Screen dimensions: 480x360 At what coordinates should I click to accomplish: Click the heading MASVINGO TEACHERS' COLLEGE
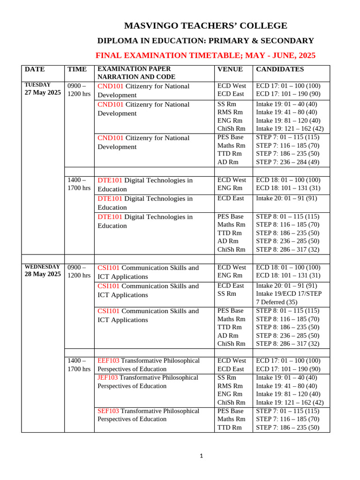pos(205,26)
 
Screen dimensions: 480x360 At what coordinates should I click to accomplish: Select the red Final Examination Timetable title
pos(205,55)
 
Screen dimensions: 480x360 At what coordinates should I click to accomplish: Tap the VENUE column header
pos(230,69)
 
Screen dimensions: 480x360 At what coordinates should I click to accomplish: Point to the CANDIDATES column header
pos(279,69)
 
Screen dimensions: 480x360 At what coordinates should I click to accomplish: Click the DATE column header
pos(35,69)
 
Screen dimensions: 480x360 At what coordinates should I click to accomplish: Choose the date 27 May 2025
pos(42,93)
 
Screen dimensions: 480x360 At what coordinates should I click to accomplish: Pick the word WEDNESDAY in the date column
pos(42,267)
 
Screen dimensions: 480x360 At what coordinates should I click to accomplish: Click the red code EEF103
pos(108,360)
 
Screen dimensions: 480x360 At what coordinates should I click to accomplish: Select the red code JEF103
pos(108,377)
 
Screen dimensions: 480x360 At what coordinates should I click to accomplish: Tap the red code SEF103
pos(108,411)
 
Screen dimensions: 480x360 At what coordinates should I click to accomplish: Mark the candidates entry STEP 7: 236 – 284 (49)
pos(287,162)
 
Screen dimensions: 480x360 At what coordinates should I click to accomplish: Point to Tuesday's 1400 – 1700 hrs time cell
pos(79,184)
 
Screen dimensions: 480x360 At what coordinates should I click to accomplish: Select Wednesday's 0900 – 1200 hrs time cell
pos(79,271)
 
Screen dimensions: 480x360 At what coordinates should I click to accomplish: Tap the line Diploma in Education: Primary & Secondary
pos(205,41)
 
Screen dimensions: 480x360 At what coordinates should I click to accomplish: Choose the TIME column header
pos(77,69)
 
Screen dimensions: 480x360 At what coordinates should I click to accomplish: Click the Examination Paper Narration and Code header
pos(136,73)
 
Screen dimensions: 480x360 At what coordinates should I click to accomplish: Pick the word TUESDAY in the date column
pos(37,85)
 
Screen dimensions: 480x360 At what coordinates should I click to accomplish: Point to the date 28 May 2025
pos(42,274)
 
